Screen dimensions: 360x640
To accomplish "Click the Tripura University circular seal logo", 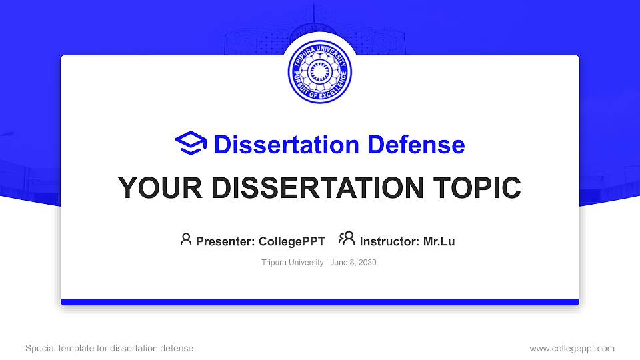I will [x=319, y=73].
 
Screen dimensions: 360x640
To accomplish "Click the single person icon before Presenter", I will [x=186, y=239].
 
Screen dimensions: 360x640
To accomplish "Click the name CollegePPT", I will [x=291, y=241].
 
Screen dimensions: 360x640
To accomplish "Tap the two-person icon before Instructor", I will [x=347, y=239].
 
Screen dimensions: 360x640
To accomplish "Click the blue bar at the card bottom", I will [x=319, y=302].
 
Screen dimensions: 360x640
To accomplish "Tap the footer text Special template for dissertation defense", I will [x=109, y=348].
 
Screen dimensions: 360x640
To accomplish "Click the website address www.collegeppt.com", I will [x=572, y=348].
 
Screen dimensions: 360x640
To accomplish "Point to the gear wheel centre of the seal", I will [x=319, y=73].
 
